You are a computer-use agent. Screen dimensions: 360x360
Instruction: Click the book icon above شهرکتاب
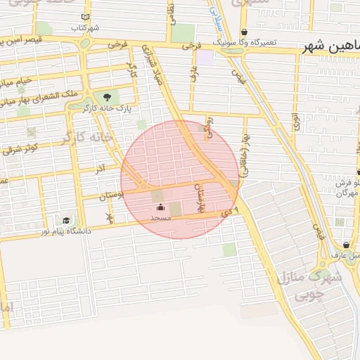[86, 17]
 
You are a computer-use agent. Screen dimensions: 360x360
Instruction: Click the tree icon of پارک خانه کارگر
[107, 97]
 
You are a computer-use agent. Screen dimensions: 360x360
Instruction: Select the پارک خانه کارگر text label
[107, 109]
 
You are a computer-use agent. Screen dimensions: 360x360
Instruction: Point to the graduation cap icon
[67, 220]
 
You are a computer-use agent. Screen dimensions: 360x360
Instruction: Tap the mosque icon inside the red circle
[160, 207]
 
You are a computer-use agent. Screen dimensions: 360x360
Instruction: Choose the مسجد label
[161, 218]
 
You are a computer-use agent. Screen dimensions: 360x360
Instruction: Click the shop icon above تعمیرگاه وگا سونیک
[244, 32]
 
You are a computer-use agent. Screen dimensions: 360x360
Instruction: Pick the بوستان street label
[111, 195]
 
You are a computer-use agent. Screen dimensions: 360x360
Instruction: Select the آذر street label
[101, 169]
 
